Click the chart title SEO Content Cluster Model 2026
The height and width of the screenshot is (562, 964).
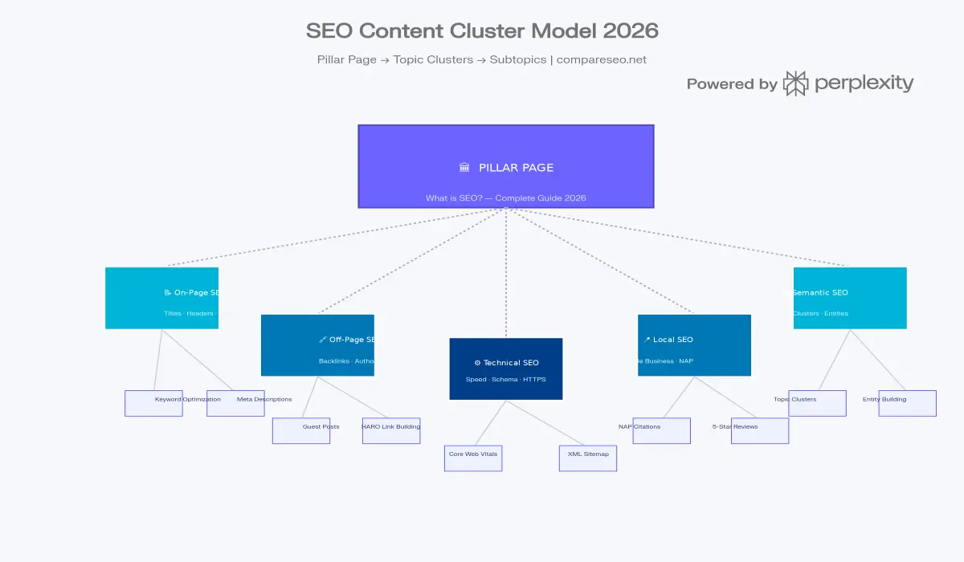(482, 31)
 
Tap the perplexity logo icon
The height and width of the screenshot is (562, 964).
(795, 83)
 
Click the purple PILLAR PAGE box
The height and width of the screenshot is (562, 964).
(506, 166)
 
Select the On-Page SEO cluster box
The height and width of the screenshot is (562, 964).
(161, 298)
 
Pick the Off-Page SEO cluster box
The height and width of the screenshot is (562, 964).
(317, 345)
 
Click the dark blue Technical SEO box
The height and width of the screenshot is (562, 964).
(506, 369)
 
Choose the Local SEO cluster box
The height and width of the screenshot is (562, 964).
(694, 345)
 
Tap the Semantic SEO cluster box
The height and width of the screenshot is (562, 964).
(850, 298)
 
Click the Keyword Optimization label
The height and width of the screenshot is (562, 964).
(187, 399)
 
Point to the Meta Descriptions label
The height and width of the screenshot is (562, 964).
(264, 399)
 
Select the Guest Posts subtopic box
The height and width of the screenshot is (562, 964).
(301, 431)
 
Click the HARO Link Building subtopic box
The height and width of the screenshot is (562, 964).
(391, 431)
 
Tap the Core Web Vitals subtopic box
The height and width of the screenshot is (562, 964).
(473, 458)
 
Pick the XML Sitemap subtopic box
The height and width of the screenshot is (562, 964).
(588, 458)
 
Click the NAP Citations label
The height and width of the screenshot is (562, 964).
(639, 426)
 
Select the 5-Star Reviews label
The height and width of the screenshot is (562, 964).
(735, 426)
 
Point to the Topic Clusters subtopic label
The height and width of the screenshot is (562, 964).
(795, 399)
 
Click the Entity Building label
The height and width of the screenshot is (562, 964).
(884, 399)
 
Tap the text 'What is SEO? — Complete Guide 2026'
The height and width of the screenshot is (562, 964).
(506, 198)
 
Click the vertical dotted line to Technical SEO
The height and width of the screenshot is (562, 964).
(506, 273)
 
